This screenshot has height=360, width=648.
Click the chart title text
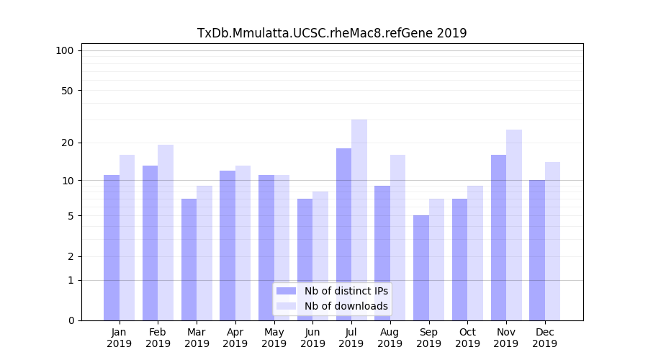(332, 33)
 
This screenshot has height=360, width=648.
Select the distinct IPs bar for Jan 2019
(112, 248)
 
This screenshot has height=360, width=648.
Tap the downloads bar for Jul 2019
(359, 220)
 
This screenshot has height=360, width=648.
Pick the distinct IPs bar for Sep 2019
(421, 268)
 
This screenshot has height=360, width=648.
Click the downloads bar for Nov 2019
(514, 225)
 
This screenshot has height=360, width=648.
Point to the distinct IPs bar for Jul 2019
(343, 234)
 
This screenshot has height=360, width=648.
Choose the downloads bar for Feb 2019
(166, 233)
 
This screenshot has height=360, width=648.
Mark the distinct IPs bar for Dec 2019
(537, 250)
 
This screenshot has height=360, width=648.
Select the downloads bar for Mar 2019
(204, 253)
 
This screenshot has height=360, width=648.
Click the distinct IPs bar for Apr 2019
(228, 246)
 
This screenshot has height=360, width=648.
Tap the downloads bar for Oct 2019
(475, 253)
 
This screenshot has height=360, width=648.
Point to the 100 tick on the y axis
(65, 50)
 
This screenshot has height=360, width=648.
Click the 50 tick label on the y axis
(67, 91)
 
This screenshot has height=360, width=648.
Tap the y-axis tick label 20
(67, 143)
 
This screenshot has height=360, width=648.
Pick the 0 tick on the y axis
(70, 320)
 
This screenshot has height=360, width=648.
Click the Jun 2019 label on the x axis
(312, 338)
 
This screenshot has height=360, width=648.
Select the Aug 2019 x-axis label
(390, 338)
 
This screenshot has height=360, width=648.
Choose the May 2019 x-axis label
(274, 338)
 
